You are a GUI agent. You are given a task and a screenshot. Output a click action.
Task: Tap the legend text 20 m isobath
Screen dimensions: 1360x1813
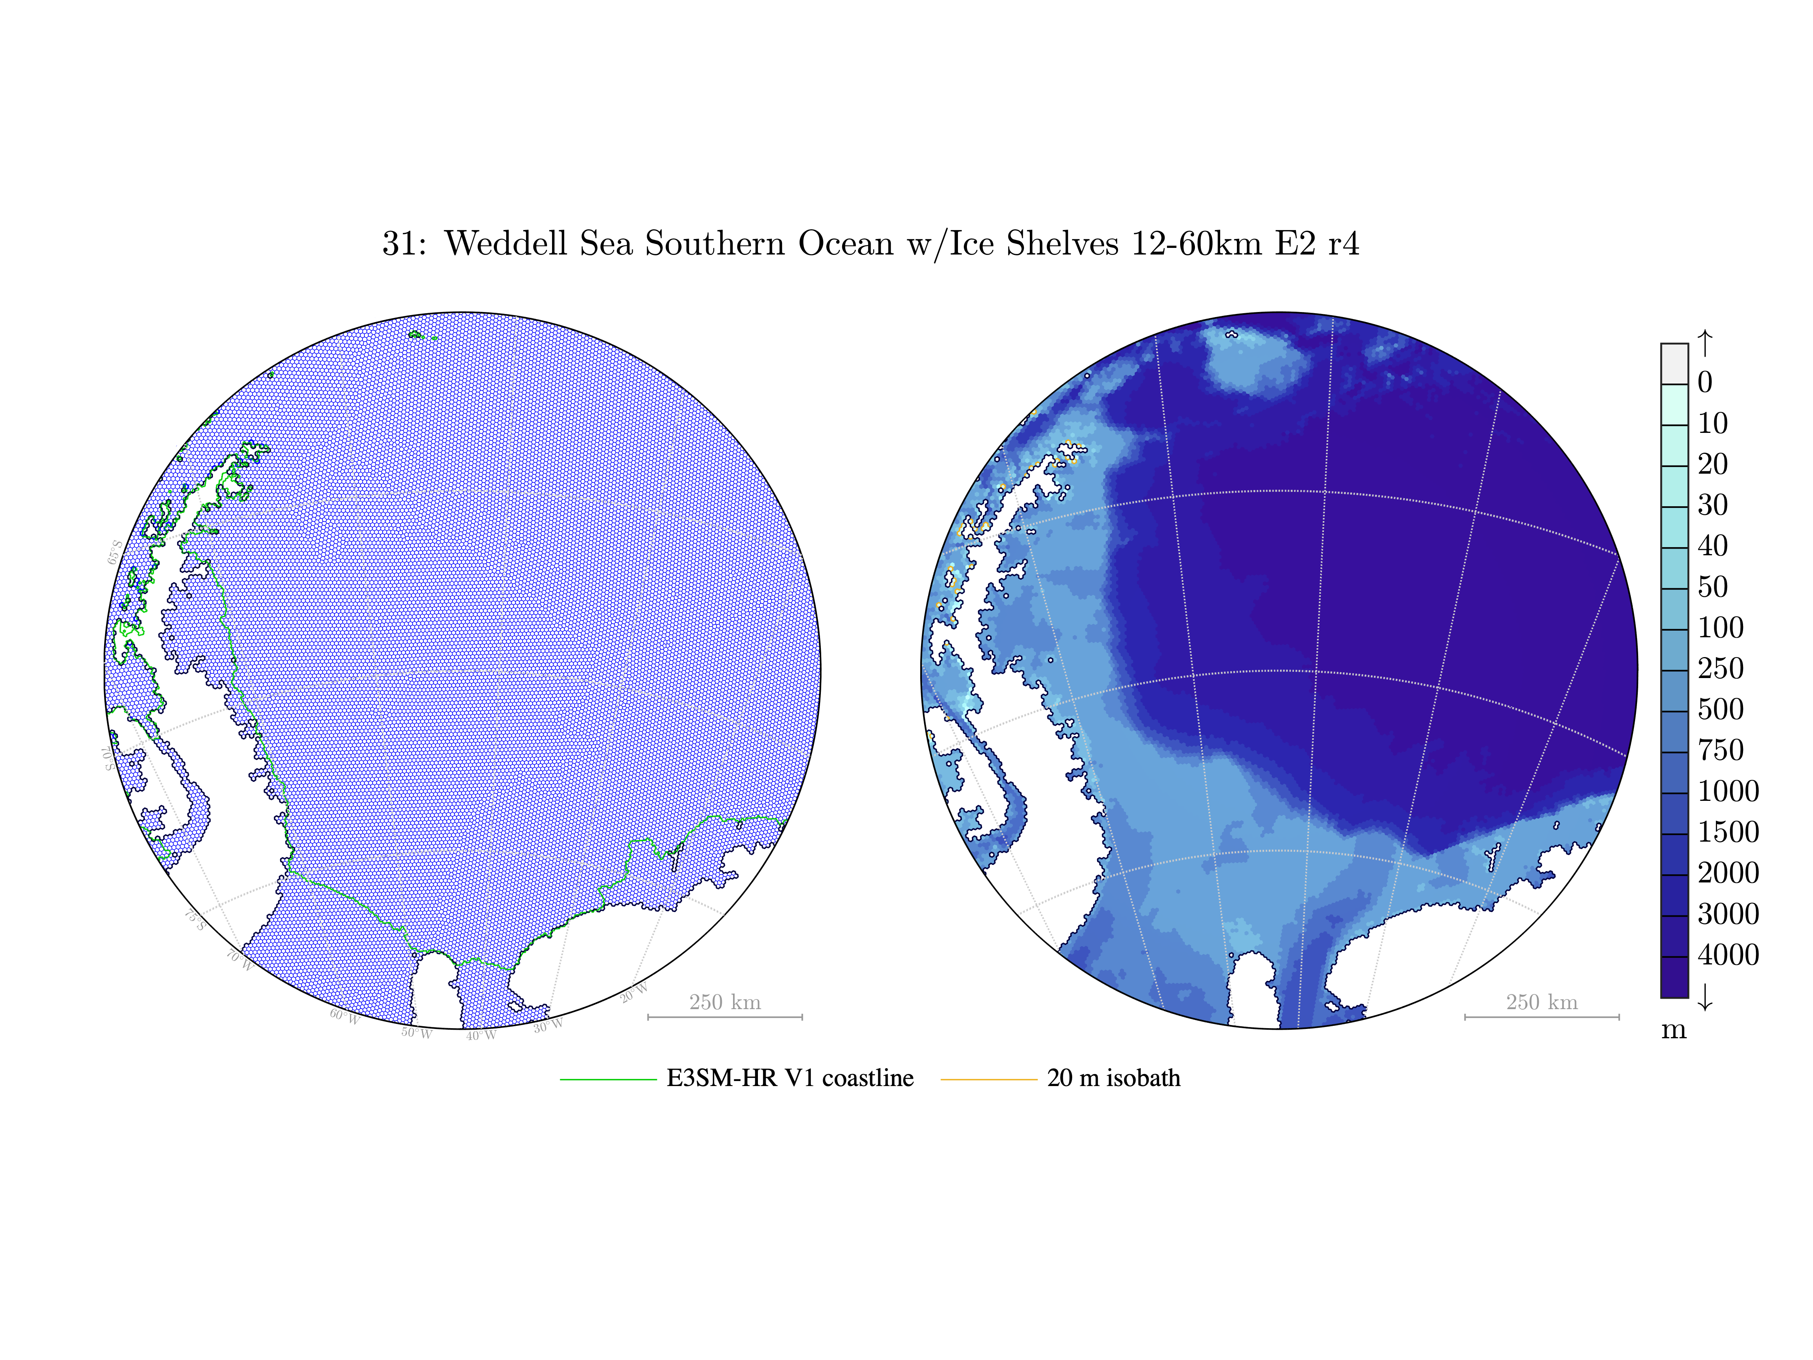1113,1078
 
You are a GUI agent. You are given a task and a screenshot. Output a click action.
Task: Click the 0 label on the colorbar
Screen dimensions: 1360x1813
1705,382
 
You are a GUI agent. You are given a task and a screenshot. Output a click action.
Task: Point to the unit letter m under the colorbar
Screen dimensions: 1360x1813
1674,1030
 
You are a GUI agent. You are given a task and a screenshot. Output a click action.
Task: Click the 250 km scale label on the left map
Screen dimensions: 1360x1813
725,1002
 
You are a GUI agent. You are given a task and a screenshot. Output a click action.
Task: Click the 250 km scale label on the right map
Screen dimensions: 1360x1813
1541,1002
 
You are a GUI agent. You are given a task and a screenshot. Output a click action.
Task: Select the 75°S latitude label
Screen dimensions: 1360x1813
194,920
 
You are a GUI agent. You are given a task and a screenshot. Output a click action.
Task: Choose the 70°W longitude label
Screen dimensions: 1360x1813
239,960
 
